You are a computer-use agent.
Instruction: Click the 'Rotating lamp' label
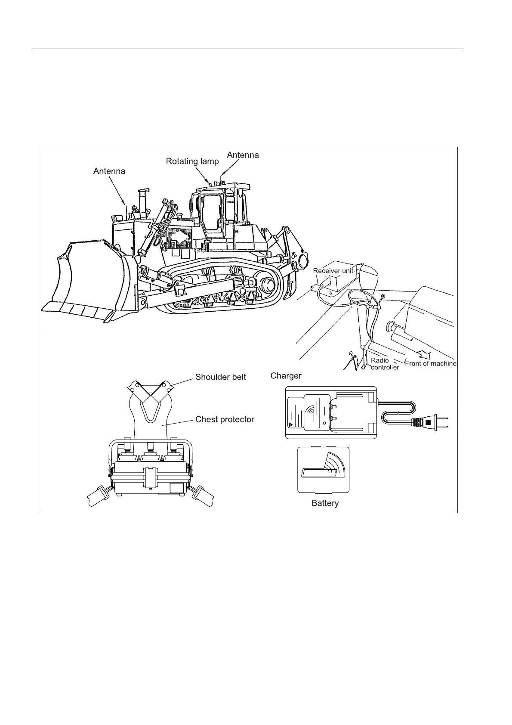click(192, 161)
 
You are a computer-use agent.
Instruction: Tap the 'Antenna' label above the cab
click(243, 155)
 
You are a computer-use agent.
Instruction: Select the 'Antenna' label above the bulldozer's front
click(109, 171)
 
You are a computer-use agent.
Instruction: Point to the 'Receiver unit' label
click(333, 271)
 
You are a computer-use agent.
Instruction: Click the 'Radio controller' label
click(385, 364)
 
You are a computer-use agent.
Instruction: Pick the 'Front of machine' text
click(431, 363)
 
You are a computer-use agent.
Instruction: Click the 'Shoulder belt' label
click(220, 377)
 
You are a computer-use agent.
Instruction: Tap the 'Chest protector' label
click(225, 419)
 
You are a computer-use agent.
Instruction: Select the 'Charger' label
click(286, 376)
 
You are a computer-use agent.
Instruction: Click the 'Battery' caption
click(325, 503)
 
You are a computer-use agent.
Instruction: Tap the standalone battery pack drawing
click(323, 470)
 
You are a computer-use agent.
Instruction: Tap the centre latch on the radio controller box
click(150, 477)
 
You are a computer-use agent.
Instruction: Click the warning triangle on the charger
click(291, 424)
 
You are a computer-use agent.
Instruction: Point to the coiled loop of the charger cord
click(398, 412)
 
